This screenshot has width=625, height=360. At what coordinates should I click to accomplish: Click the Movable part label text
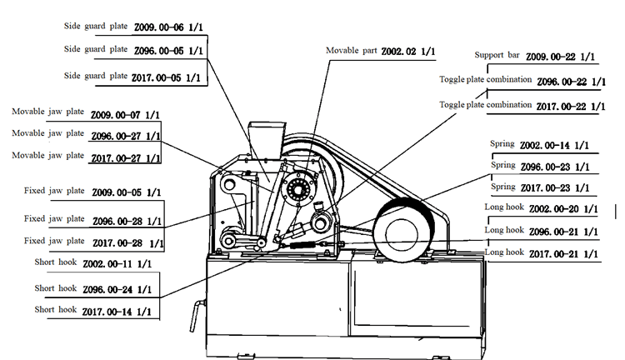coord(352,52)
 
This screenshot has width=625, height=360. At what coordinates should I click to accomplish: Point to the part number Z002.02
coord(401,52)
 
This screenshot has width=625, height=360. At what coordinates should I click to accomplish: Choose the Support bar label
coord(497,56)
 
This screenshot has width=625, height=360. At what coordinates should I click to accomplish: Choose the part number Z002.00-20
coord(557,208)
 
